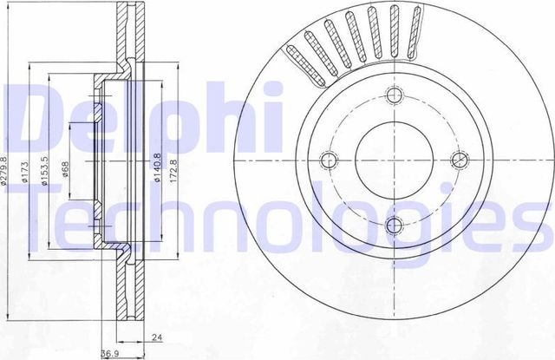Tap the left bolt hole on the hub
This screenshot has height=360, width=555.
329,160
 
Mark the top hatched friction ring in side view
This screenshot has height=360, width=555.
133,35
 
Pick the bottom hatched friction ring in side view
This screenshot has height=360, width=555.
133,291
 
